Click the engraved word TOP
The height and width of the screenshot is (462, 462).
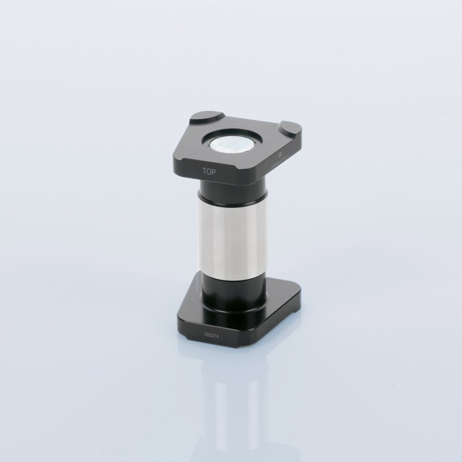click(210, 171)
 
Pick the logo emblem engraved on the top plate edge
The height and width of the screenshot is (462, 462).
click(280, 155)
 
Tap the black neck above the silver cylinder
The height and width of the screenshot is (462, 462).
click(233, 191)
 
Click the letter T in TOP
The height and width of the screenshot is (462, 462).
click(204, 170)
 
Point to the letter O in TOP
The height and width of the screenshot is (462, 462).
click(210, 171)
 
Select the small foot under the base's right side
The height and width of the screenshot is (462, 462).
click(296, 312)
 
